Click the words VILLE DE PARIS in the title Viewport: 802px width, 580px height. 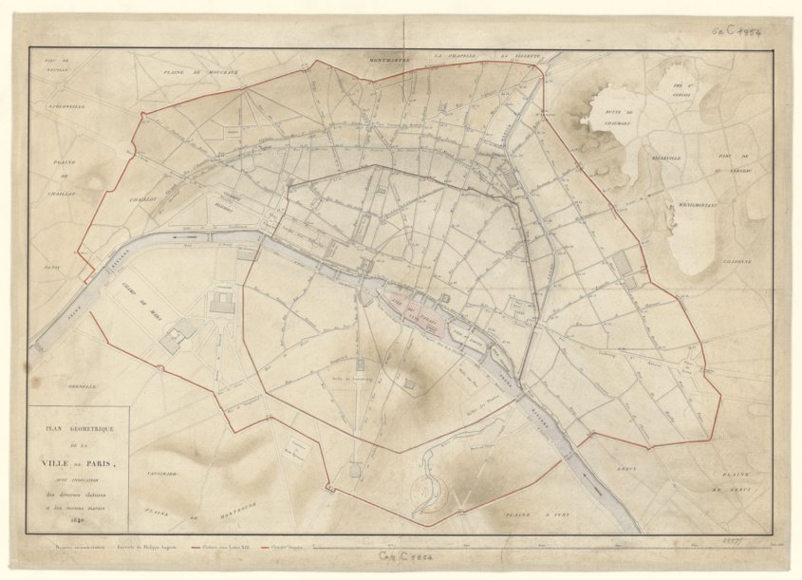pyautogui.click(x=78, y=462)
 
